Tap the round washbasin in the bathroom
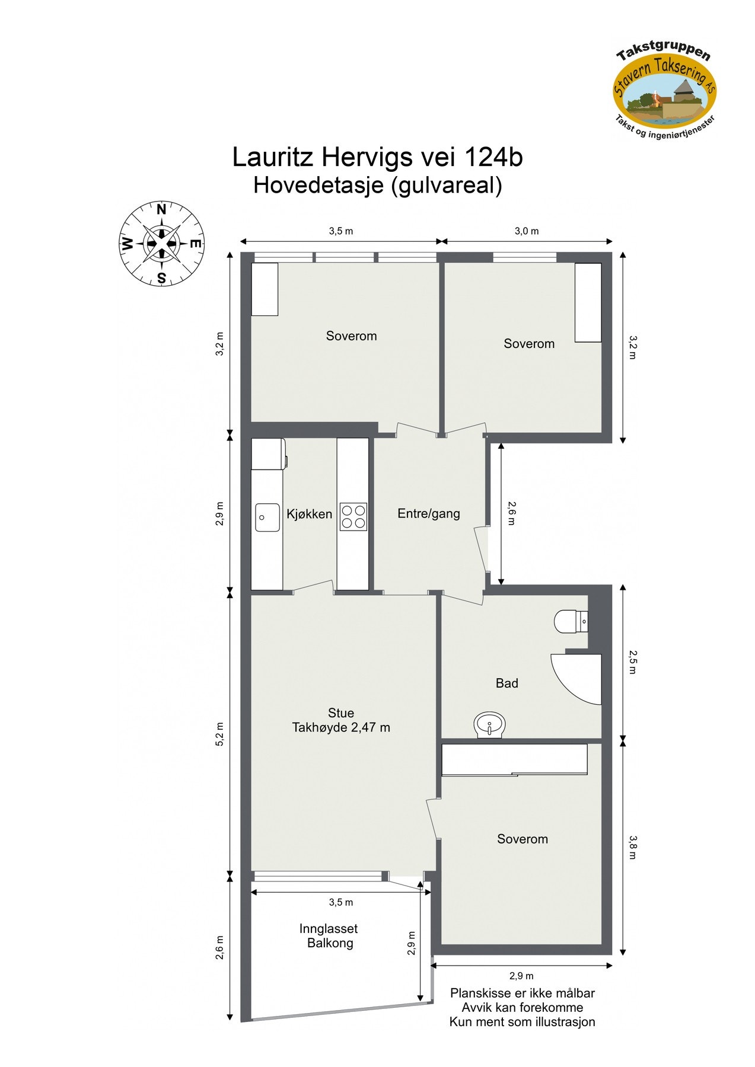(x=490, y=724)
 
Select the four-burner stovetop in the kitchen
(x=353, y=516)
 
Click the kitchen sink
(x=267, y=517)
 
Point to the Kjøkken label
(x=309, y=514)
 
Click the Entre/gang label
(x=428, y=513)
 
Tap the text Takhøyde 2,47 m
(x=341, y=727)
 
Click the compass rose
(x=161, y=243)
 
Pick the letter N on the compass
(x=161, y=209)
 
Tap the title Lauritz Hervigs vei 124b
(x=377, y=157)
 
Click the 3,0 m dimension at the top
(x=527, y=231)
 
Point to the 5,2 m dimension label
(x=220, y=733)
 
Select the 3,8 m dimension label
(x=633, y=847)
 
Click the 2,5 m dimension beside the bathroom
(x=633, y=662)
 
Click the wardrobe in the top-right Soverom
(x=588, y=302)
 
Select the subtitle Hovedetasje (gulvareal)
(x=377, y=186)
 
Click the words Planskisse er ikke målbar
(x=522, y=993)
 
